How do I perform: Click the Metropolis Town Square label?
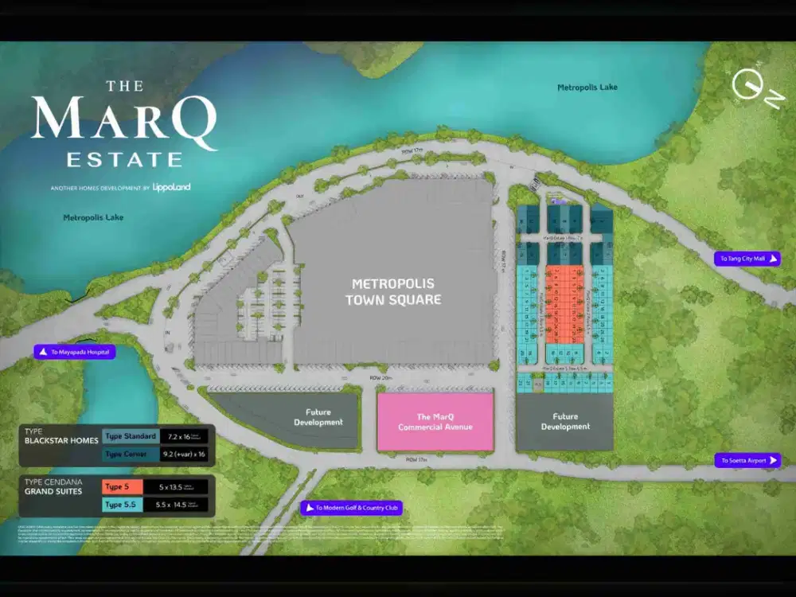(x=396, y=291)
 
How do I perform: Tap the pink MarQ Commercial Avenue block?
(x=435, y=422)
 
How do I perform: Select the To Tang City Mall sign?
(x=747, y=259)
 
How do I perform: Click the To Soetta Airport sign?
(x=747, y=461)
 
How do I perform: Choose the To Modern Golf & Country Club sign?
(x=351, y=508)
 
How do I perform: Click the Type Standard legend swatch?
(x=130, y=436)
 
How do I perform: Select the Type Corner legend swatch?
(x=130, y=454)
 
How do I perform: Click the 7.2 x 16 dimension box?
(x=184, y=436)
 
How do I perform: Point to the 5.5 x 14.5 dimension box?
(x=184, y=505)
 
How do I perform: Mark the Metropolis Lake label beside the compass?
(x=587, y=88)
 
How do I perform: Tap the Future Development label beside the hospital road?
(x=318, y=417)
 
